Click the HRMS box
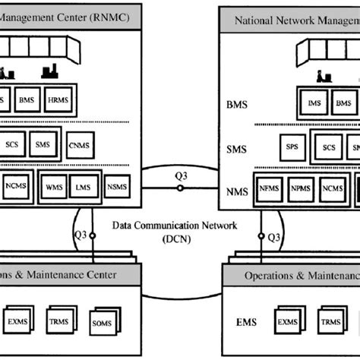pos(57,100)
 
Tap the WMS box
pos(55,186)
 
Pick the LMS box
pos(84,186)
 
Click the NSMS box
pos(116,186)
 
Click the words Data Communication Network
pos(175,225)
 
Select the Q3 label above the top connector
pos(180,176)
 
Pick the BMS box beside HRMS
pos(27,100)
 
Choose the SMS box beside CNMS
pos(43,143)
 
